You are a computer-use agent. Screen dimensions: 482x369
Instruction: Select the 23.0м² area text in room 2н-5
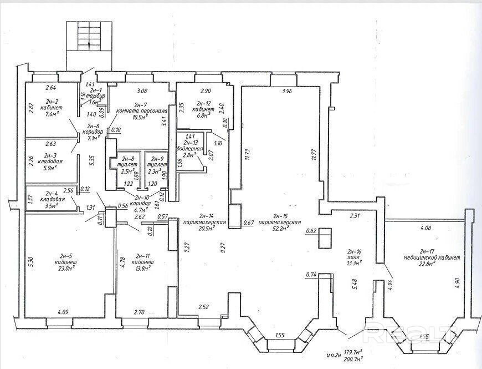pyautogui.click(x=65, y=267)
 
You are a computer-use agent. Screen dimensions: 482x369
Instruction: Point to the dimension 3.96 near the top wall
pyautogui.click(x=286, y=91)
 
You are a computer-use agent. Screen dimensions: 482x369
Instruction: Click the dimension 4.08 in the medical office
pyautogui.click(x=425, y=227)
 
